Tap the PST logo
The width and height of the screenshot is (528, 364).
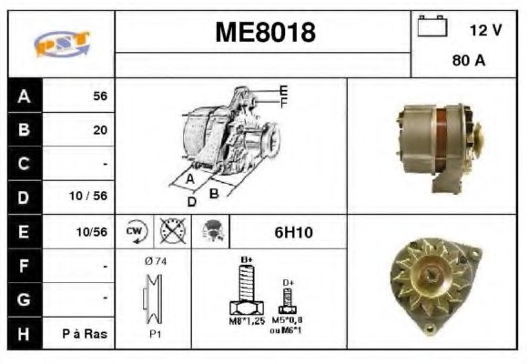tap(61, 44)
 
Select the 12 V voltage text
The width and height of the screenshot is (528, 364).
tap(485, 30)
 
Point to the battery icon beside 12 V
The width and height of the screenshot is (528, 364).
tap(431, 26)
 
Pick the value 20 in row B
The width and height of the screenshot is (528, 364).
tap(99, 130)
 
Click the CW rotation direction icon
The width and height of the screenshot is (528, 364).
tap(135, 232)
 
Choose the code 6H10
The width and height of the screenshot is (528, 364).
tap(293, 233)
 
